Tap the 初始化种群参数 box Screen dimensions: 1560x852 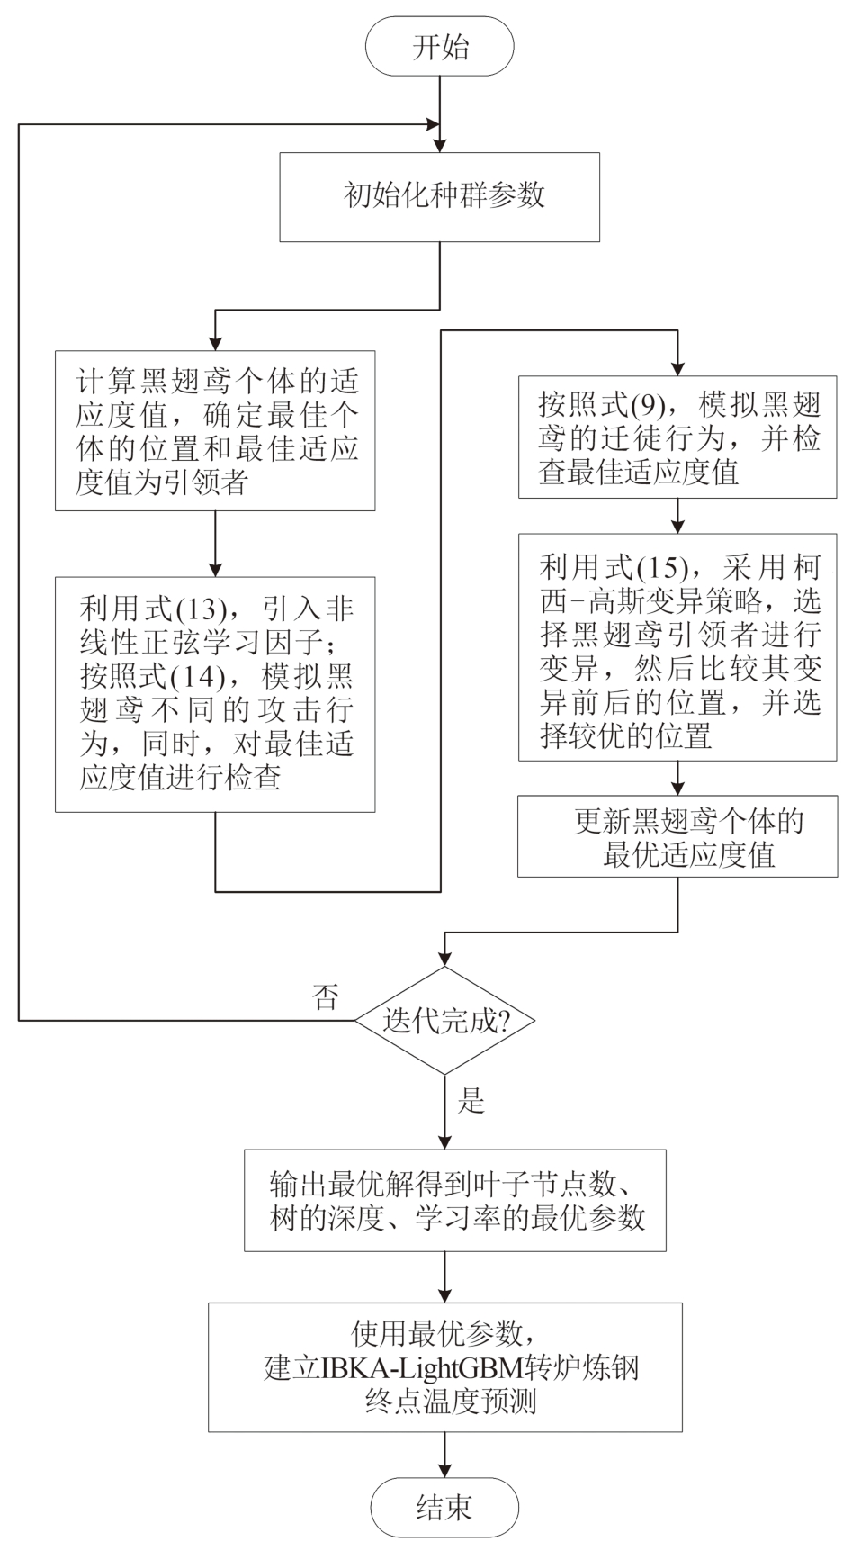(440, 196)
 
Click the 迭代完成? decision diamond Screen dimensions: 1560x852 (445, 1020)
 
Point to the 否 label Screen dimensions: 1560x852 (326, 996)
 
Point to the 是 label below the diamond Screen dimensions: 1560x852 (472, 1099)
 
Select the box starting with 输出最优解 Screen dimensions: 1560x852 (455, 1199)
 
